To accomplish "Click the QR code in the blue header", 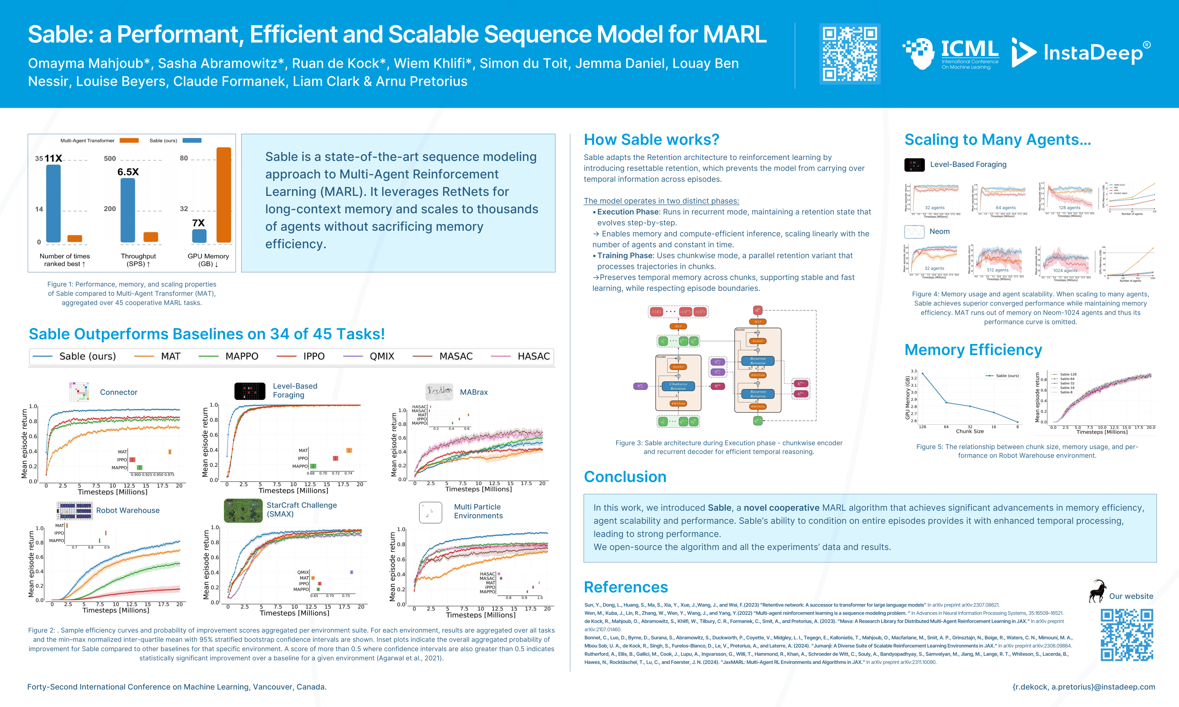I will (850, 54).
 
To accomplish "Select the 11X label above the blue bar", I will (53, 158).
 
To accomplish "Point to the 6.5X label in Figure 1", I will (128, 172).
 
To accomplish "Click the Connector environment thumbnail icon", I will (79, 392).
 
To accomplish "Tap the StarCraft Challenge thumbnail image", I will (243, 510).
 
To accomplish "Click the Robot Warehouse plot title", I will (128, 510).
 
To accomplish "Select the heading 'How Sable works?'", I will (651, 140).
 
